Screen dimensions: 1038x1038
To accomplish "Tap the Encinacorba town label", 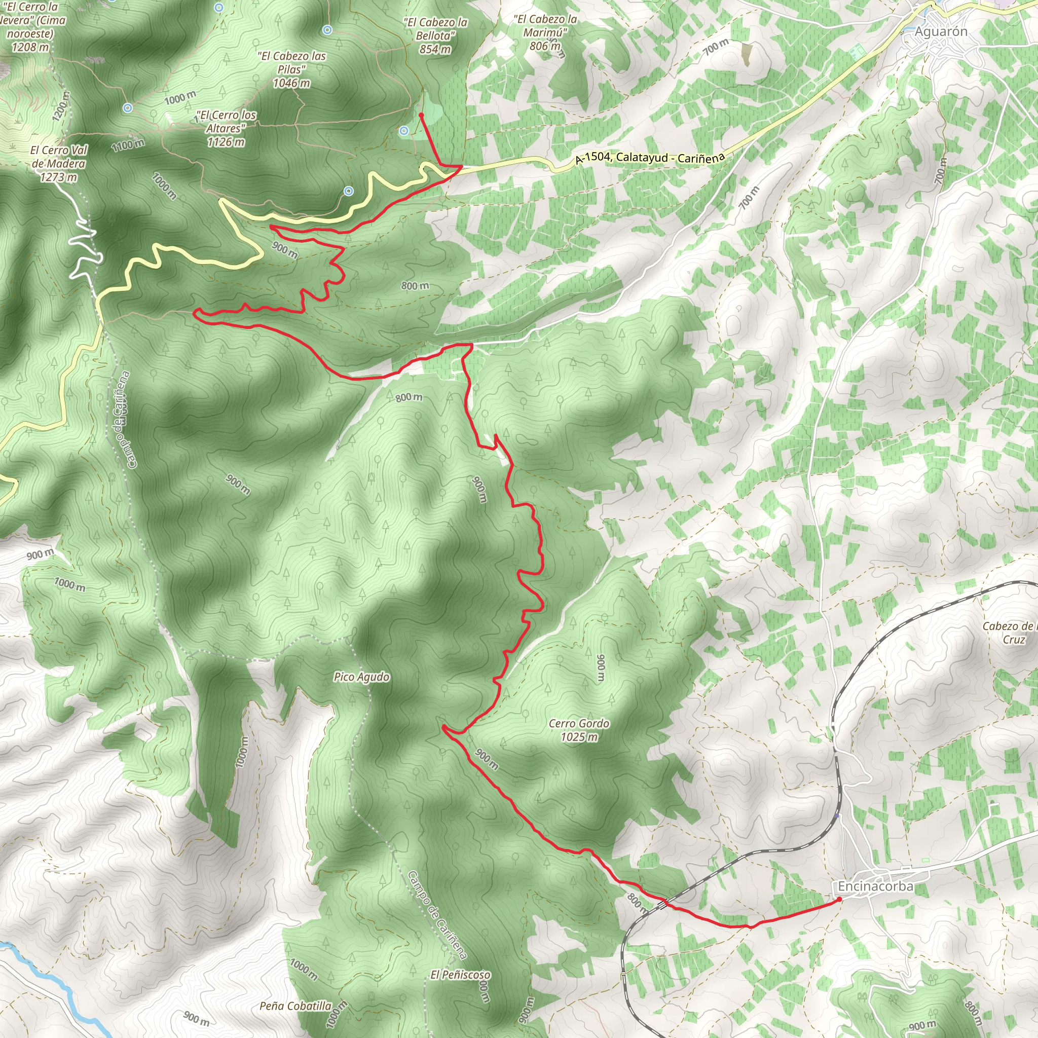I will (875, 886).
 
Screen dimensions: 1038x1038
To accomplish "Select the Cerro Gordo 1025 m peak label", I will (579, 730).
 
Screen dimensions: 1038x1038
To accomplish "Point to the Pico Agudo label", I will (361, 677).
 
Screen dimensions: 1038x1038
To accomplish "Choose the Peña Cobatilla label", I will (295, 1006).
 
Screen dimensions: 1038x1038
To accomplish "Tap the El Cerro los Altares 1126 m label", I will (226, 128).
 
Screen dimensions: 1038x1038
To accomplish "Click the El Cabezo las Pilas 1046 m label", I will (292, 69).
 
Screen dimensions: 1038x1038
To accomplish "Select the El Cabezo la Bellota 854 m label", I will (436, 35).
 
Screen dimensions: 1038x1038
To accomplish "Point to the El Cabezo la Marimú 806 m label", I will (545, 32).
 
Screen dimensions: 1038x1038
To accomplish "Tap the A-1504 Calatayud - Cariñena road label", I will (650, 158).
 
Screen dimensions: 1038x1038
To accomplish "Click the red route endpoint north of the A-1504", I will (421, 115).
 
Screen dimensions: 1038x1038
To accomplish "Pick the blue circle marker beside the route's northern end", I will (404, 131).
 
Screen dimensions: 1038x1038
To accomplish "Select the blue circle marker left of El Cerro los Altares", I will (127, 108).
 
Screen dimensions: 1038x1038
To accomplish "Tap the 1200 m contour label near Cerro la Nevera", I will (61, 106).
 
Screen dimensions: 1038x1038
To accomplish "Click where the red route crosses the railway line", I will (665, 903).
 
